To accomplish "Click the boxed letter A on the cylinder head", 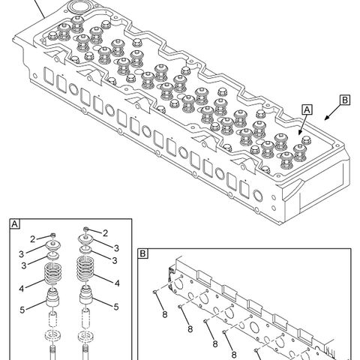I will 307,109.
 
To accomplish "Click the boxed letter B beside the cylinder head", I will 344,100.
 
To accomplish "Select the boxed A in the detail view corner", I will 14,223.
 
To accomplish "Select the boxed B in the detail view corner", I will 142,253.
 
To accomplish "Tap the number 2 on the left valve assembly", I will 33,238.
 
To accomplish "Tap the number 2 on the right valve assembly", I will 105,232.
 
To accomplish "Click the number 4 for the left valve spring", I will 22,287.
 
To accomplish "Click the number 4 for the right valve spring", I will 116,283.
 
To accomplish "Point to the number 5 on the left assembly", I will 22,309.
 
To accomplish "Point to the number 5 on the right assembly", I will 116,306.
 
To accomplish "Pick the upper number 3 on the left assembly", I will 22,253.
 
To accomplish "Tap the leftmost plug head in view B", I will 154,292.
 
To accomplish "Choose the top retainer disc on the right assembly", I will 88,241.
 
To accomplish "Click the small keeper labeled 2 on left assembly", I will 52,236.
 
